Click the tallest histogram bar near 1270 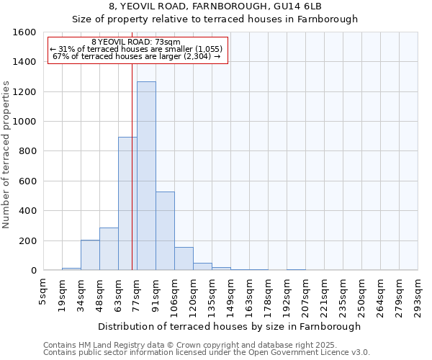[146, 176]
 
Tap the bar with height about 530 [165, 231]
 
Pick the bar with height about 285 [109, 249]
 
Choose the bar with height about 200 [90, 256]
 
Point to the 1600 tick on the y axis [24, 32]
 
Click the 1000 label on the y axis [24, 122]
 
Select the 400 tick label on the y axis [27, 211]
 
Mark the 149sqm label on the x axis [230, 292]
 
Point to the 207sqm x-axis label [305, 292]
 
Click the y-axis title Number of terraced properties [6, 155]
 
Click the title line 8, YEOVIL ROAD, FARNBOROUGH [215, 6]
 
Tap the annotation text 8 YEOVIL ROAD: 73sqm [136, 42]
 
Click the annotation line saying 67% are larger [136, 56]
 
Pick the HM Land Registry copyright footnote [205, 345]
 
